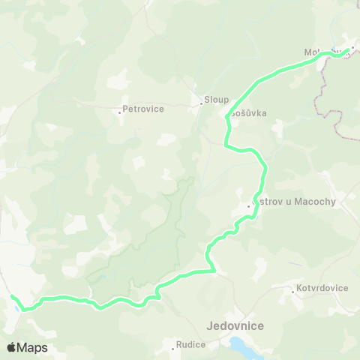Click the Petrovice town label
click(x=142, y=109)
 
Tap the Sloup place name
click(x=217, y=99)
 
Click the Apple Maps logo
click(x=27, y=347)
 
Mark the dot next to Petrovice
click(x=120, y=112)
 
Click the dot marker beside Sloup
click(x=202, y=103)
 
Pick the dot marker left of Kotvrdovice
click(x=294, y=288)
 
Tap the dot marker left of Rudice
click(x=172, y=346)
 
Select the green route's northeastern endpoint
click(x=347, y=50)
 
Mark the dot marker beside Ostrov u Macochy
click(x=249, y=204)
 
